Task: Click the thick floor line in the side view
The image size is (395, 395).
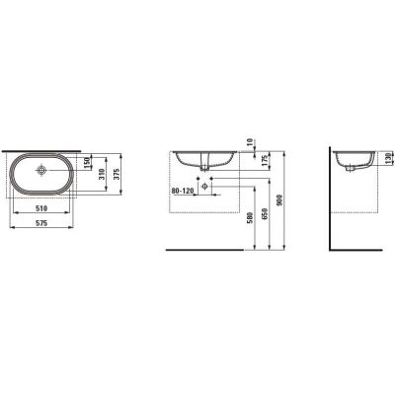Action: pos(361,251)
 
